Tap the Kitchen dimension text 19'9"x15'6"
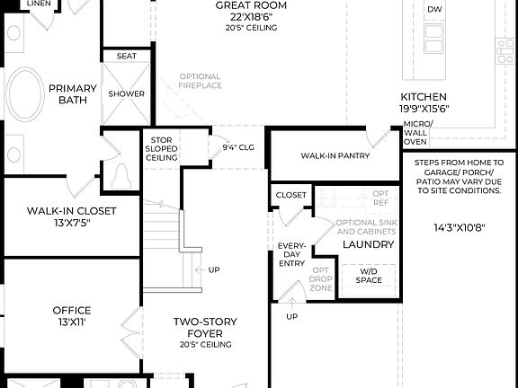(424, 108)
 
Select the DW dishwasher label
(435, 10)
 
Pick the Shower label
(127, 93)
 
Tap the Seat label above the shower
(127, 56)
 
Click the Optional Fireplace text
(200, 81)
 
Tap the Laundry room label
(368, 244)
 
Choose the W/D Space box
(368, 277)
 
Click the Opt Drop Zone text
(321, 279)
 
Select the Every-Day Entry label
(291, 255)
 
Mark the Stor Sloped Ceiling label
(161, 148)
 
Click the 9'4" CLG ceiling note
(239, 146)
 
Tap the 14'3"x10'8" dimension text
(460, 227)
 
